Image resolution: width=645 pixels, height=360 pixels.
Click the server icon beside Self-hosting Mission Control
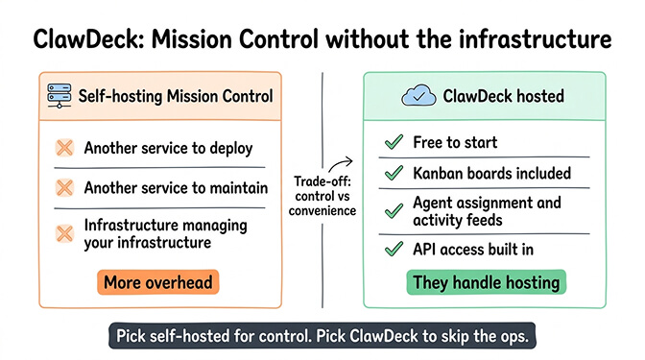62,96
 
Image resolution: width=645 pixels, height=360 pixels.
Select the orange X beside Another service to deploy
63,148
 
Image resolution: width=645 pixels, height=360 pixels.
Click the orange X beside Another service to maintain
63,187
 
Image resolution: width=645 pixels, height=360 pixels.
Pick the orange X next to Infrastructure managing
63,232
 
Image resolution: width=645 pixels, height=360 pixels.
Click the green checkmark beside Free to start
393,142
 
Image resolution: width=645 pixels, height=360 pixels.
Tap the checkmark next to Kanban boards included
393,174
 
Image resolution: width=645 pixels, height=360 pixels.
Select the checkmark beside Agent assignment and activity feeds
393,209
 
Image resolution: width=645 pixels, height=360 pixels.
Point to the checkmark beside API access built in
393,250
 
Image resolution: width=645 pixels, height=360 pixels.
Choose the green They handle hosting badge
486,282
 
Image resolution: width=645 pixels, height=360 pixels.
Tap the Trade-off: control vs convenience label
322,197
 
